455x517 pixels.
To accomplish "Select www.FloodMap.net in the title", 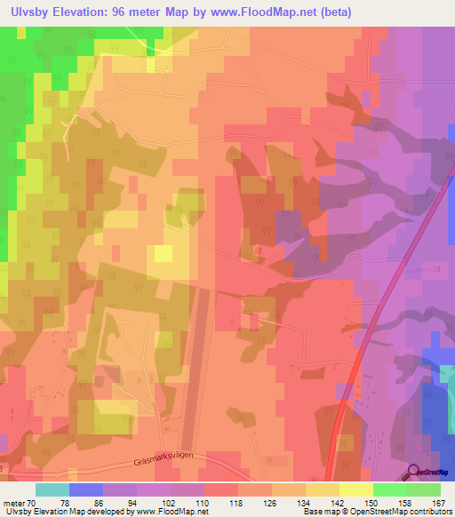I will click(x=269, y=12).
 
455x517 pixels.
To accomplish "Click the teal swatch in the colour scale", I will click(x=52, y=489).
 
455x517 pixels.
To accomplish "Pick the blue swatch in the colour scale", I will click(x=86, y=489).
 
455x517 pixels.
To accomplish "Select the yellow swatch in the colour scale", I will click(x=356, y=489).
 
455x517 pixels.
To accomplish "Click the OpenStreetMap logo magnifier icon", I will click(x=414, y=472).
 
